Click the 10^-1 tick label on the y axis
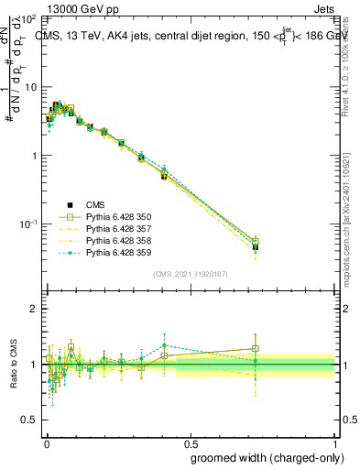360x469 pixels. click(x=27, y=224)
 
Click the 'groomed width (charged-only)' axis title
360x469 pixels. click(x=262, y=456)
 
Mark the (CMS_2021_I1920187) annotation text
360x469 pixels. click(x=190, y=273)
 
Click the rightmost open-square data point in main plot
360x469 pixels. click(x=256, y=242)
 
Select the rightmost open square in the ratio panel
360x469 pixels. click(x=256, y=348)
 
